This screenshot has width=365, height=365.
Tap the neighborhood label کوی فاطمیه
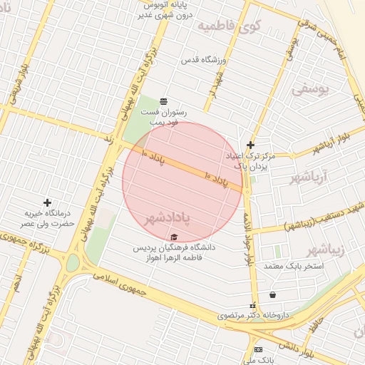[230, 27]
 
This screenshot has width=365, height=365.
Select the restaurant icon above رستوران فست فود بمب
[164, 101]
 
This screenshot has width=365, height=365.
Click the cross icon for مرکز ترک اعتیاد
[250, 144]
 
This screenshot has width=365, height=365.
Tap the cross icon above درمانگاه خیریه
[48, 203]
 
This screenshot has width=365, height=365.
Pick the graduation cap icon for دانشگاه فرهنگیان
[175, 236]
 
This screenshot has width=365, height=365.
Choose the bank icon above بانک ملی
[258, 349]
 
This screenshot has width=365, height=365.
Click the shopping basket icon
[272, 294]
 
